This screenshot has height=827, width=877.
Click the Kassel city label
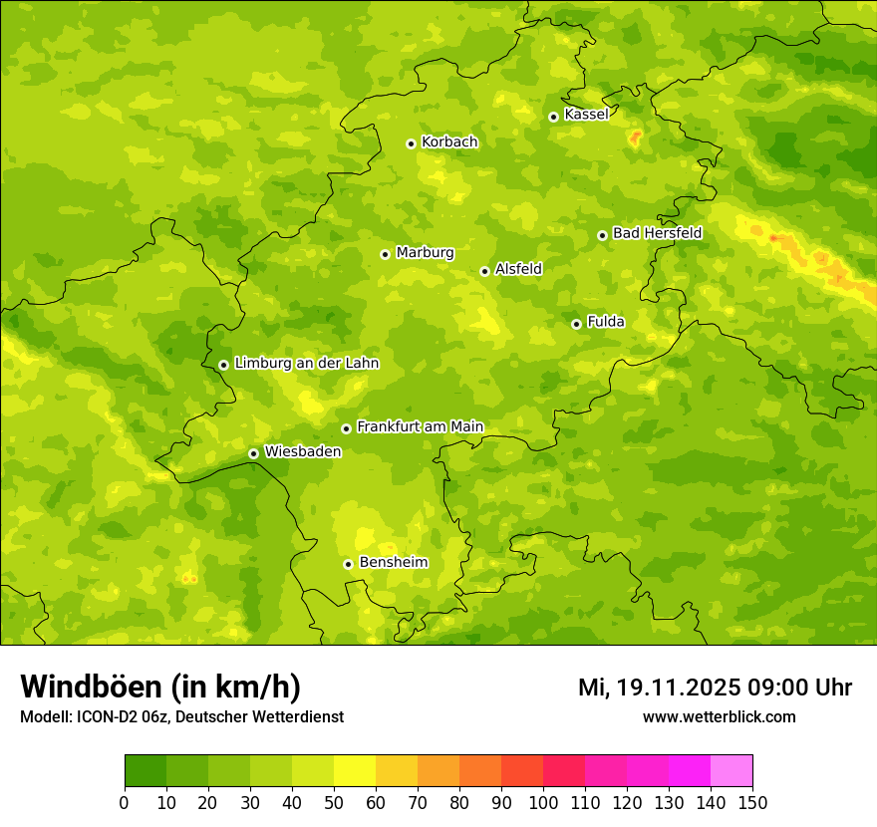click(x=586, y=115)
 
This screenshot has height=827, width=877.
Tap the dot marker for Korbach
click(x=411, y=143)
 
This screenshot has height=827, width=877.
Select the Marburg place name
click(x=425, y=253)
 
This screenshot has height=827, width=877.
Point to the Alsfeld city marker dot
click(x=484, y=271)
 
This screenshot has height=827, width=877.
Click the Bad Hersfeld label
click(x=657, y=233)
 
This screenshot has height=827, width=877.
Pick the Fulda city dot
click(x=576, y=324)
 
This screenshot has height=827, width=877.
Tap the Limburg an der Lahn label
click(x=306, y=364)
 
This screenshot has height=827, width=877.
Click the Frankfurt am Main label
click(x=420, y=426)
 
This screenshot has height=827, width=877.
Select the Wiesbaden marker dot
click(x=253, y=453)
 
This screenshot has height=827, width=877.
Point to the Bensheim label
click(x=393, y=562)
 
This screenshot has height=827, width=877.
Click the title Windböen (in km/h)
click(x=160, y=687)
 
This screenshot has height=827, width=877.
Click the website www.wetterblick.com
click(x=719, y=716)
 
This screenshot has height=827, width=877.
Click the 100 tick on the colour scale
click(x=543, y=802)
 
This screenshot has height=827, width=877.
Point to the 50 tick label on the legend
click(x=334, y=802)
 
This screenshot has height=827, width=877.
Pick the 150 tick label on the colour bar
click(x=752, y=802)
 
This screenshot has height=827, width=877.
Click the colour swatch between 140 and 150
click(x=731, y=771)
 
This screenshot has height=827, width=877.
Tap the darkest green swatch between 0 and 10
click(x=146, y=771)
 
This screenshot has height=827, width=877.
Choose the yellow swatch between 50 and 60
click(x=355, y=771)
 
